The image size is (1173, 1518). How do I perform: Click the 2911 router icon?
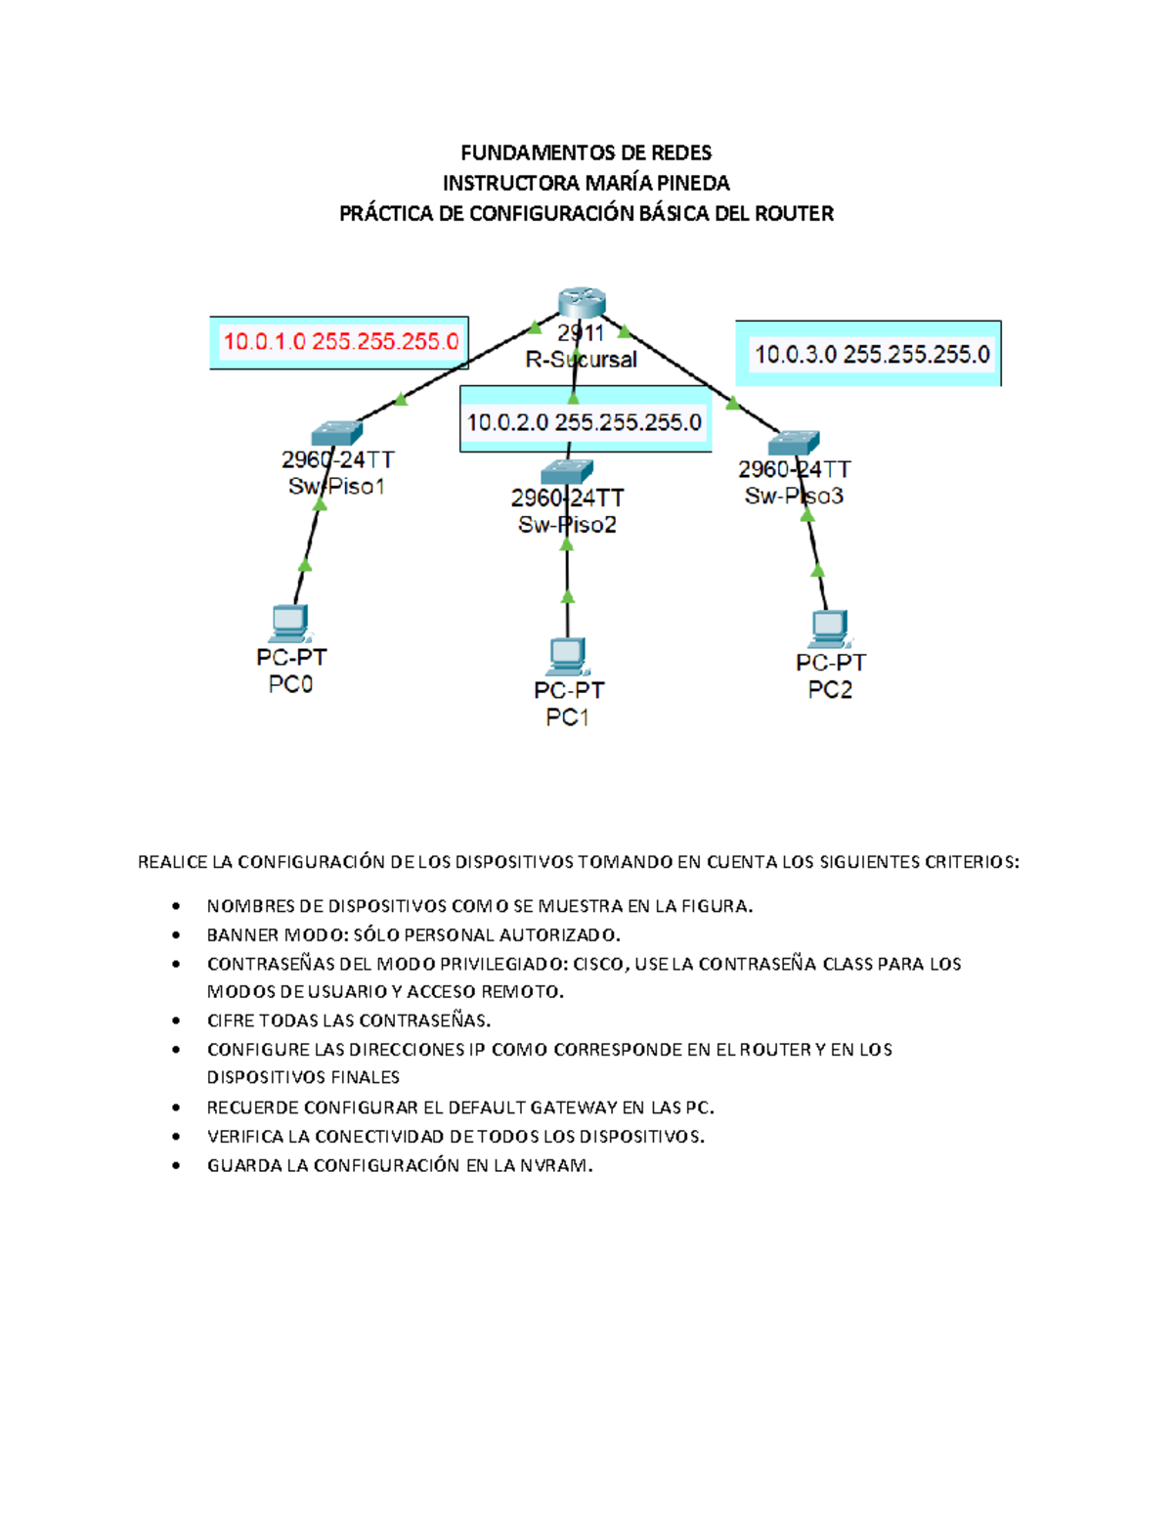582,302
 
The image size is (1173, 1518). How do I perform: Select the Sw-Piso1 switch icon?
337,432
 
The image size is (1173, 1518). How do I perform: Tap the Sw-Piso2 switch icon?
567,471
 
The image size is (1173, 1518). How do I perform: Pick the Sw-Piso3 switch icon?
794,443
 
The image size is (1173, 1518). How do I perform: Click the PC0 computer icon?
289,624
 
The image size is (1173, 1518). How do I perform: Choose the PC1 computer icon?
567,656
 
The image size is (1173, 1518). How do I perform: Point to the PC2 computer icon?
830,629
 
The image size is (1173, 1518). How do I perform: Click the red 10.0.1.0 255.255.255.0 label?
340,342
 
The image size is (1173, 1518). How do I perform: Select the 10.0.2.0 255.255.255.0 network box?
585,422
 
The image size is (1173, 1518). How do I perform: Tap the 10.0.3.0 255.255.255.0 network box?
871,354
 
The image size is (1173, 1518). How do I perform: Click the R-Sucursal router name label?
582,360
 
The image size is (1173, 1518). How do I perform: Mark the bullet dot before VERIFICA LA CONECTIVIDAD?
176,1137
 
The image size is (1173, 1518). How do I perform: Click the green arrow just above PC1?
568,596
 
